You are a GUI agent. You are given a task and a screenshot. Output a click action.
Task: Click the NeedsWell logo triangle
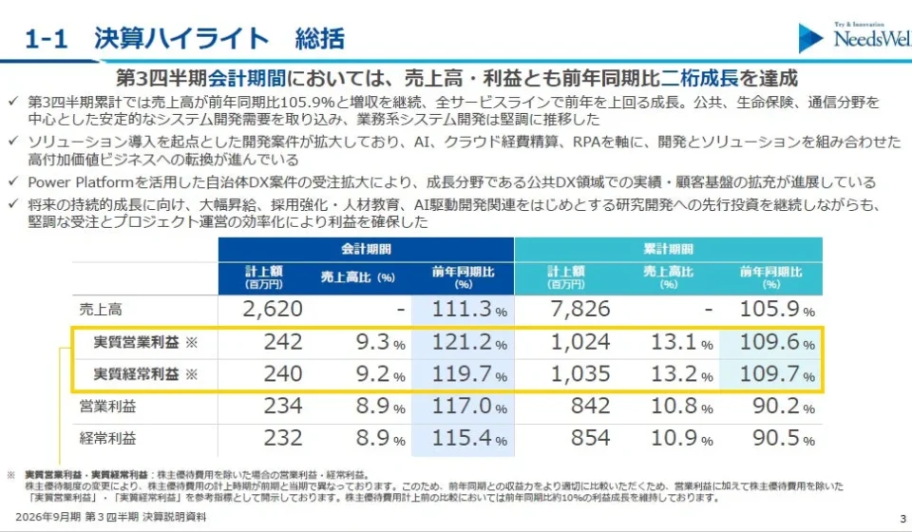[810, 38]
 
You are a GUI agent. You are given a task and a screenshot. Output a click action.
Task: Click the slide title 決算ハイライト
[181, 39]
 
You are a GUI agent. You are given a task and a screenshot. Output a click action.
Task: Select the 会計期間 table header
[366, 250]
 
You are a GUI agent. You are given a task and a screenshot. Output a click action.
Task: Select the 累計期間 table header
[668, 250]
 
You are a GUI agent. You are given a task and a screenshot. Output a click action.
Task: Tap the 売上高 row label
[101, 310]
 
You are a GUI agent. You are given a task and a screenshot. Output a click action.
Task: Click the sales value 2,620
[273, 309]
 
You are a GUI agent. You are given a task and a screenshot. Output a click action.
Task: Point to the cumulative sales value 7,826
[580, 309]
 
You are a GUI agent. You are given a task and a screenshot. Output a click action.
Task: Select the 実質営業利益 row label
[136, 342]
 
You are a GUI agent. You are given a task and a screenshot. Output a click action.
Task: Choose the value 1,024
[580, 342]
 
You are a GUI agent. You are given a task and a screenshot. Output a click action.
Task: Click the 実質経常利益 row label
[136, 374]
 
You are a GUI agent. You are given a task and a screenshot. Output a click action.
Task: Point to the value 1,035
[580, 374]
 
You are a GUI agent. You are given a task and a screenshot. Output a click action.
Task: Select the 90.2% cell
[784, 406]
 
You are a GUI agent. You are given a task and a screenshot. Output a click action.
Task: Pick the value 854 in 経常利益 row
[590, 438]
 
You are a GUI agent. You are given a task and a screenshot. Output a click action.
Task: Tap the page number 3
[902, 519]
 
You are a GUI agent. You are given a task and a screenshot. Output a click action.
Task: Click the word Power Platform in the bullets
[81, 182]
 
